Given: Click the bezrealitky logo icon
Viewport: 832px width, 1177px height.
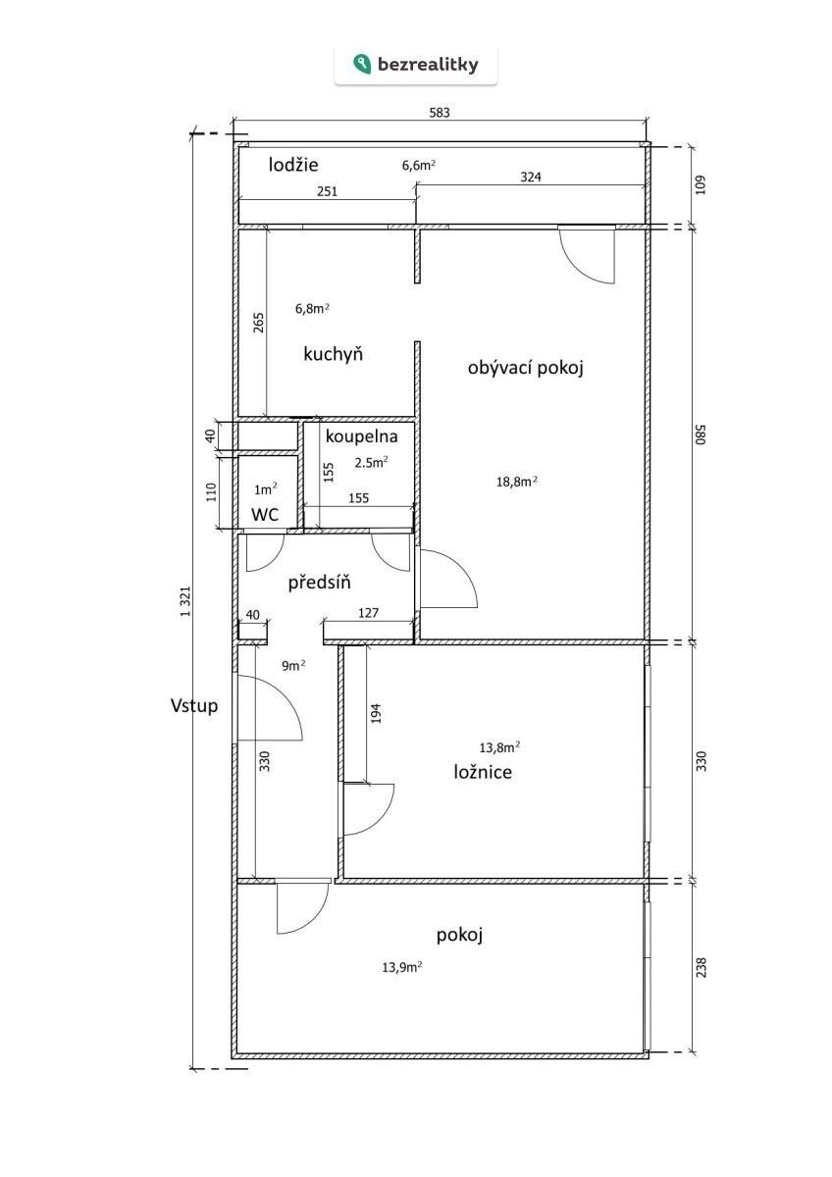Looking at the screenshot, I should [x=363, y=65].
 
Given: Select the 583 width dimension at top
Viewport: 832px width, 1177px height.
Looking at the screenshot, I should [x=440, y=113].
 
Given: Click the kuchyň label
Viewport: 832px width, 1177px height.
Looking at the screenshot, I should [x=334, y=354].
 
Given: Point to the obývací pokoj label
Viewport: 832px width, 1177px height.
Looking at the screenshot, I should [x=526, y=368].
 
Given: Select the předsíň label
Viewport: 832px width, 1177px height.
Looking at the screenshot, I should [x=319, y=584].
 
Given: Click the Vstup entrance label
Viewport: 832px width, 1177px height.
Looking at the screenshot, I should [x=193, y=705].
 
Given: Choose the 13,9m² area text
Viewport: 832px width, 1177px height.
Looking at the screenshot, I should [x=402, y=966].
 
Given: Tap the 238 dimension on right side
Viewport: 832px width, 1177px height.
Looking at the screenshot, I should [x=701, y=968].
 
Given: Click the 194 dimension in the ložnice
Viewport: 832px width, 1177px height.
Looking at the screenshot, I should [x=376, y=713].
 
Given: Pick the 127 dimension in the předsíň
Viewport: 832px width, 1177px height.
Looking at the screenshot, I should [x=369, y=614].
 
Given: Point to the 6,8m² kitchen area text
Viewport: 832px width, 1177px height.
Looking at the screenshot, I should [x=312, y=307].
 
